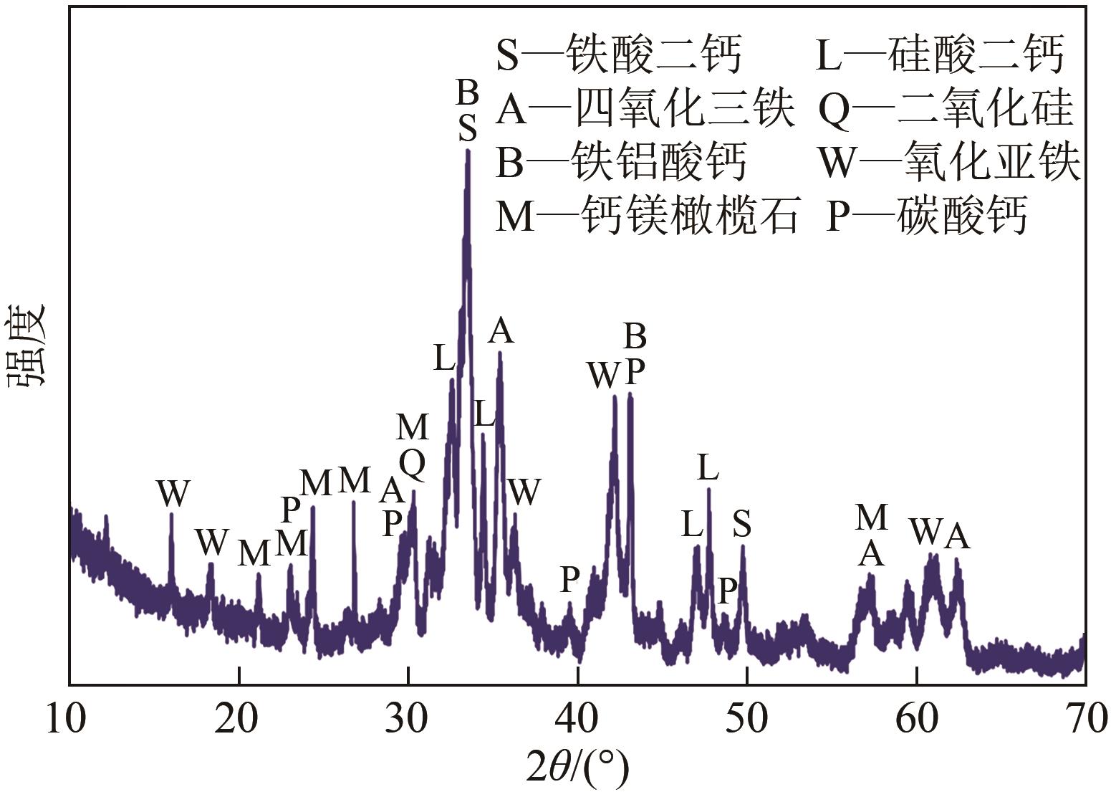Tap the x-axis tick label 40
pos(577,719)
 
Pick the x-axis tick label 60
pos(916,719)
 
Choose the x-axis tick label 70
pos(1084,719)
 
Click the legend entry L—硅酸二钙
pos(940,56)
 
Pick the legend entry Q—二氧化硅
pos(946,110)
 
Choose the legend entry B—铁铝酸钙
pos(621,162)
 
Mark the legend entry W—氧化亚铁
pos(950,162)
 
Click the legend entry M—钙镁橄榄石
pos(647,215)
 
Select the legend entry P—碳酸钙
pos(927,215)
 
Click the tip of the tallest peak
pos(468,150)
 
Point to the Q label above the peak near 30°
pos(413,465)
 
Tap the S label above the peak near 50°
pos(742,525)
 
